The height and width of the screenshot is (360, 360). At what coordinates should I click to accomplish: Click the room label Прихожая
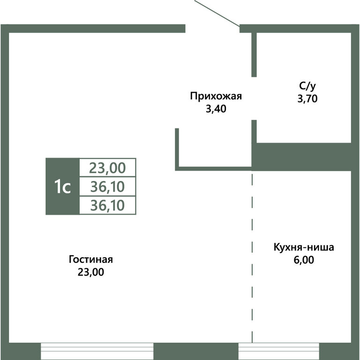(216, 97)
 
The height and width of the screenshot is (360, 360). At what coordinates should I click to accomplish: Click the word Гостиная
(91, 260)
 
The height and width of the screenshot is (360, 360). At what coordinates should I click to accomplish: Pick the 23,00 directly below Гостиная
(91, 272)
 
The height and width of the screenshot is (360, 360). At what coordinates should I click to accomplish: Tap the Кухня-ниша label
(304, 247)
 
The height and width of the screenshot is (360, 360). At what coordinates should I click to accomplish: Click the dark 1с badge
(62, 187)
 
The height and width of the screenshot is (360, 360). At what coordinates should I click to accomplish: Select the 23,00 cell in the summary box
(108, 167)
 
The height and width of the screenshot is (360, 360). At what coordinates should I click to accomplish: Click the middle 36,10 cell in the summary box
(108, 187)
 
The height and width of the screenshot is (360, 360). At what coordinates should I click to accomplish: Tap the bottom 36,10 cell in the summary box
(108, 205)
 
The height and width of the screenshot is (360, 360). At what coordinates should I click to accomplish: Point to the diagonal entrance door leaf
(217, 13)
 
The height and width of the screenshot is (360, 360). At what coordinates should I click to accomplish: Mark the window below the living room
(97, 351)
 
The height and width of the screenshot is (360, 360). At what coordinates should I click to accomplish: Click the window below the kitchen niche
(279, 351)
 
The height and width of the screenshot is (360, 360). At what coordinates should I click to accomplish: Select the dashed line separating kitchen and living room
(252, 258)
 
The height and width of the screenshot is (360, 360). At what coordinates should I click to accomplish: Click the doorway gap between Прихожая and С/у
(254, 98)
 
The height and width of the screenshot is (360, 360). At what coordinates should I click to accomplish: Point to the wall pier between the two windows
(196, 351)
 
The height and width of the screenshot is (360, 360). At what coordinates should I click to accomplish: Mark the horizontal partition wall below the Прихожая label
(213, 167)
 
